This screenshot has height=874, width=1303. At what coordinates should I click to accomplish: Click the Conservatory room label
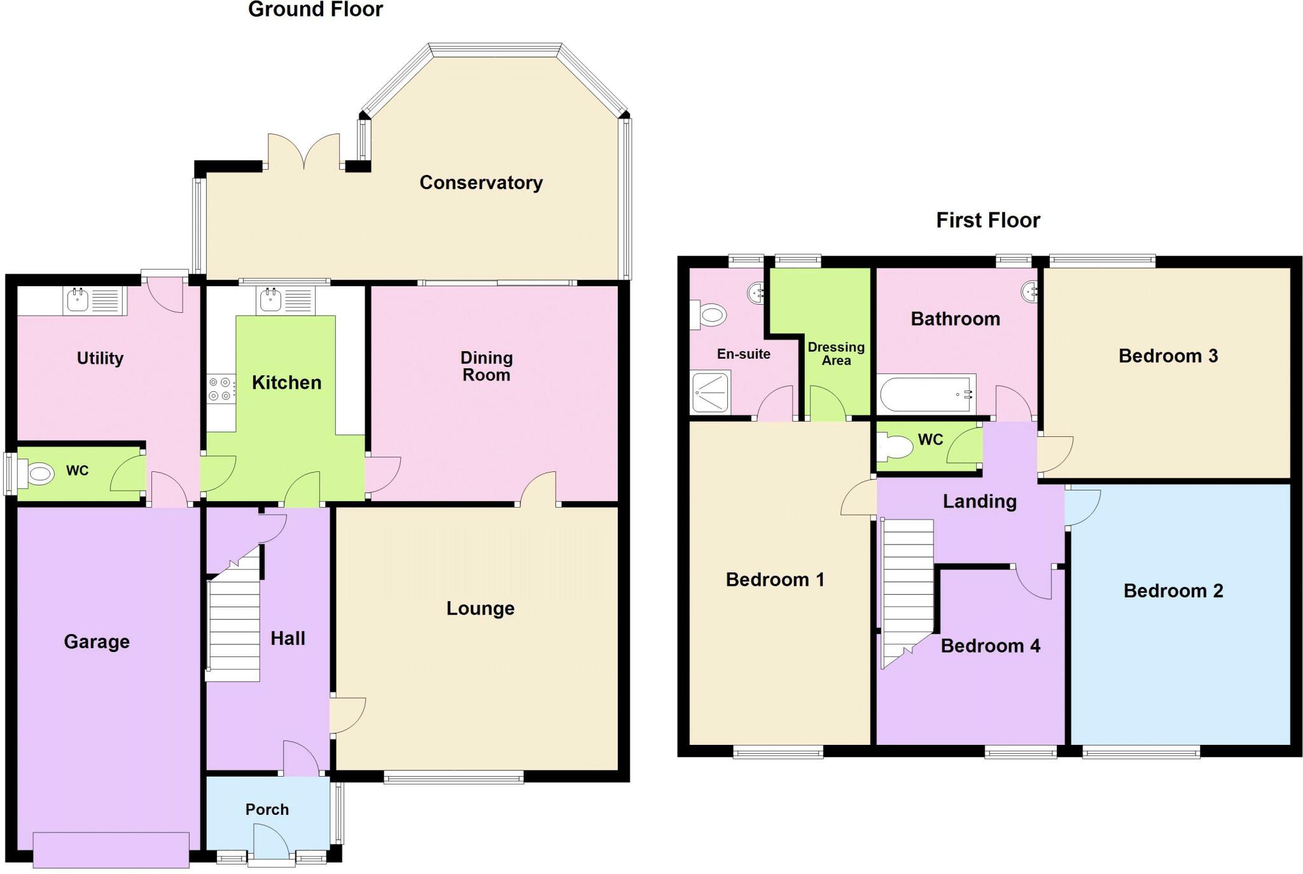[481, 183]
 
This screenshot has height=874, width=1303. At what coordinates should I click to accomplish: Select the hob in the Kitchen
[220, 389]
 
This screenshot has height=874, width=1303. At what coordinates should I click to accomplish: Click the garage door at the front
[111, 850]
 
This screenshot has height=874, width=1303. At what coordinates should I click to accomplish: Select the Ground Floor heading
[316, 10]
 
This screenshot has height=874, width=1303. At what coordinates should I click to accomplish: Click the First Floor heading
[987, 220]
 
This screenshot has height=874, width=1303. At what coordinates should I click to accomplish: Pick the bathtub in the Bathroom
[926, 394]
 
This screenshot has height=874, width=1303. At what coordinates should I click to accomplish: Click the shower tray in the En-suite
[711, 392]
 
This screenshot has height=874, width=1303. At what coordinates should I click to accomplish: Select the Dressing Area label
[836, 354]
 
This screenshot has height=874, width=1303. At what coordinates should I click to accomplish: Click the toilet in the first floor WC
[894, 447]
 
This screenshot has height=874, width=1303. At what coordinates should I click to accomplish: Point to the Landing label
[979, 501]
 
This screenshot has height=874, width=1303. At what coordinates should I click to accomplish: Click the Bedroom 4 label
[990, 646]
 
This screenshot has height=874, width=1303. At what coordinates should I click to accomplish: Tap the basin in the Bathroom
[1029, 292]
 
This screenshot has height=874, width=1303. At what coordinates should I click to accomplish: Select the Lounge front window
[454, 777]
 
